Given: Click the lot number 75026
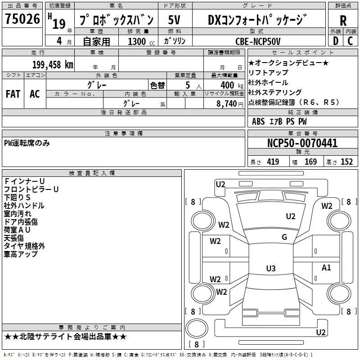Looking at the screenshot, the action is click(22, 19).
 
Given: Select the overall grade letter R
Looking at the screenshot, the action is click(343, 20).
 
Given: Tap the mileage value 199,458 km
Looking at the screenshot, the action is click(53, 65).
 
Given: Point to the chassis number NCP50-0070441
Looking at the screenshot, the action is click(302, 143).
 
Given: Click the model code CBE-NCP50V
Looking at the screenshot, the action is click(258, 41).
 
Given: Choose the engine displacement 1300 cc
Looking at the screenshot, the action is click(141, 42).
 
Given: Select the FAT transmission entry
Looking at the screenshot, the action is click(13, 94).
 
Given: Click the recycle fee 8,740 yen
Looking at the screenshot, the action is click(229, 104).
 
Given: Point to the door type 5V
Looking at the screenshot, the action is click(174, 20).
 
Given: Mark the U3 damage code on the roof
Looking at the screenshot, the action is click(271, 268).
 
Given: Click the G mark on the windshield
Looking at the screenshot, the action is click(284, 237).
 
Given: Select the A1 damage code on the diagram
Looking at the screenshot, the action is click(326, 267).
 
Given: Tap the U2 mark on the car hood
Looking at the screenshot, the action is click(291, 216).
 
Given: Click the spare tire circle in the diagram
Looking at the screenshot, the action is click(197, 328).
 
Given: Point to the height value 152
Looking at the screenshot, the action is click(346, 162).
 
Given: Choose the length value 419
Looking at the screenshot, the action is click(273, 162).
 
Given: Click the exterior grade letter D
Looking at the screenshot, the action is click(336, 41).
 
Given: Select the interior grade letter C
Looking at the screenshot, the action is click(350, 41).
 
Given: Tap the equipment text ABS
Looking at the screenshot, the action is click(258, 121).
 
